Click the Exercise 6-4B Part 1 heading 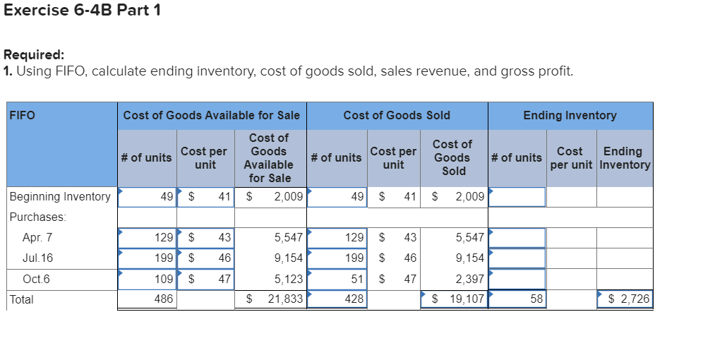81,11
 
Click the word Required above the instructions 34,54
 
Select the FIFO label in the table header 23,115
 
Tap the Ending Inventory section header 570,115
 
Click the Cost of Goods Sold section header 396,115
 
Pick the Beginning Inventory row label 60,196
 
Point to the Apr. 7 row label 37,238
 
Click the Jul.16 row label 37,258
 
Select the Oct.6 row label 37,279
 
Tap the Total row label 21,299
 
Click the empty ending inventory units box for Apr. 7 518,238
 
